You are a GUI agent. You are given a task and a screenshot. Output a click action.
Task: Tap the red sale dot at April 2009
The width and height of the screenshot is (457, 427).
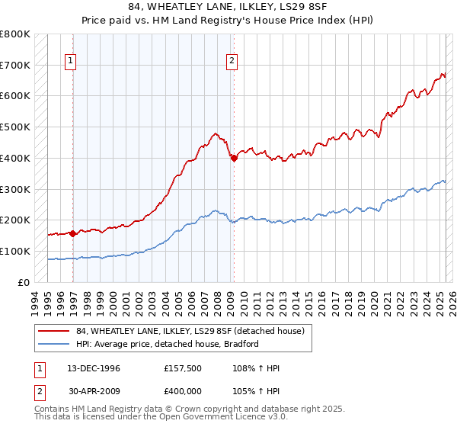[234, 158]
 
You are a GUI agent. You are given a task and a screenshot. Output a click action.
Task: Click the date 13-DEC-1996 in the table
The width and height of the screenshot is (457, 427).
[94, 368]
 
